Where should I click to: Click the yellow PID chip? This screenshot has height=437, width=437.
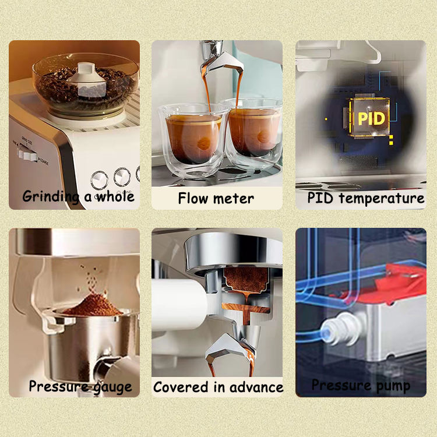pyautogui.click(x=370, y=118)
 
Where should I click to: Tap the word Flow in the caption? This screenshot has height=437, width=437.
pyautogui.click(x=193, y=199)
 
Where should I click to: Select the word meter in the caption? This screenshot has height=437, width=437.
pyautogui.click(x=234, y=199)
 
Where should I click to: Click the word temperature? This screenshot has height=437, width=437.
pyautogui.click(x=382, y=199)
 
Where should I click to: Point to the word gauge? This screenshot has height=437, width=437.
pyautogui.click(x=112, y=387)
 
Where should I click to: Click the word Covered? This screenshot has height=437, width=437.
pyautogui.click(x=181, y=387)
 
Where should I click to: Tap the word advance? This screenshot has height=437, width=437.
pyautogui.click(x=256, y=387)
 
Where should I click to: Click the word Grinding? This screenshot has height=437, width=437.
pyautogui.click(x=51, y=197)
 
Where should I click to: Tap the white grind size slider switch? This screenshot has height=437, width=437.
pyautogui.click(x=27, y=154)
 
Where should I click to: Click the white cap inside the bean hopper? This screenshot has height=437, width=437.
pyautogui.click(x=87, y=79)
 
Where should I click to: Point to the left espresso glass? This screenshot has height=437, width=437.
pyautogui.click(x=193, y=139)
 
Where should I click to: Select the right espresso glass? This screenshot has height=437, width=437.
pyautogui.click(x=254, y=134)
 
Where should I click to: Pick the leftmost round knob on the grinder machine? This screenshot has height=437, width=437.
pyautogui.click(x=99, y=180)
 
